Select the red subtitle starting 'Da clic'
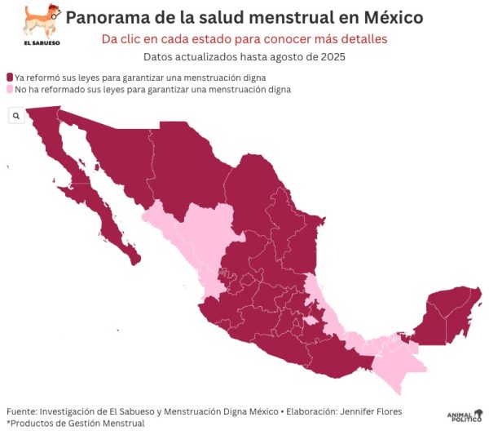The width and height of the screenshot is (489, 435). point(244,39)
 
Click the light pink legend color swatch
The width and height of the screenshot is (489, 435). point(10,89)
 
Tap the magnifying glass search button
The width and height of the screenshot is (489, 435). point(16,117)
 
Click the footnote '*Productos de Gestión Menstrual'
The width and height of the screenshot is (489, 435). point(75,423)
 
